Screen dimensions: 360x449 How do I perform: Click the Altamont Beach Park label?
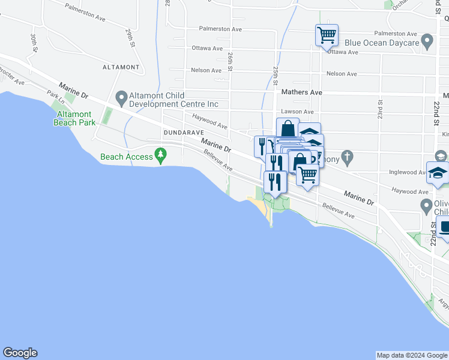[73, 118]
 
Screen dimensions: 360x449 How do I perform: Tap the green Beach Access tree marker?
[160, 155]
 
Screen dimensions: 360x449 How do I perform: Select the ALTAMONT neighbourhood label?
[121, 67]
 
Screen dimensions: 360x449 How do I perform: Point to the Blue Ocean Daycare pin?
[427, 43]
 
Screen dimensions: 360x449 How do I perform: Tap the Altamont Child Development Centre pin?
[121, 97]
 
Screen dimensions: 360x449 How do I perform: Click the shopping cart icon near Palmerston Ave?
[327, 35]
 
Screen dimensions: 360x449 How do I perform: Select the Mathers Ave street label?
[302, 92]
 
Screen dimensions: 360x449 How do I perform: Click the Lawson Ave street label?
[297, 112]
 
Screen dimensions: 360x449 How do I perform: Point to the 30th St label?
[34, 43]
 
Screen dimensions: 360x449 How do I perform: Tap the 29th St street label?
[130, 38]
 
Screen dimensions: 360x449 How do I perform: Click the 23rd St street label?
[380, 109]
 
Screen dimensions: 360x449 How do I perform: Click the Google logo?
[20, 353]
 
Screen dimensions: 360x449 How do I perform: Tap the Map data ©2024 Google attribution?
[412, 355]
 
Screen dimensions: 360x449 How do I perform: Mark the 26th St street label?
[231, 61]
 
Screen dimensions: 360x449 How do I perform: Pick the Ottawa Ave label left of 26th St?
[207, 48]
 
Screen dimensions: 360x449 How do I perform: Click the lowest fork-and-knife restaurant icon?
[275, 181]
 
